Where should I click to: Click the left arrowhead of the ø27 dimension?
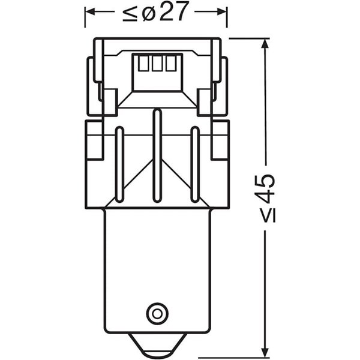pos(88,12)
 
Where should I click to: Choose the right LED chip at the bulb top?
pos(172,64)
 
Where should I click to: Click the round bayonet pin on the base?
pos(156,313)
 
